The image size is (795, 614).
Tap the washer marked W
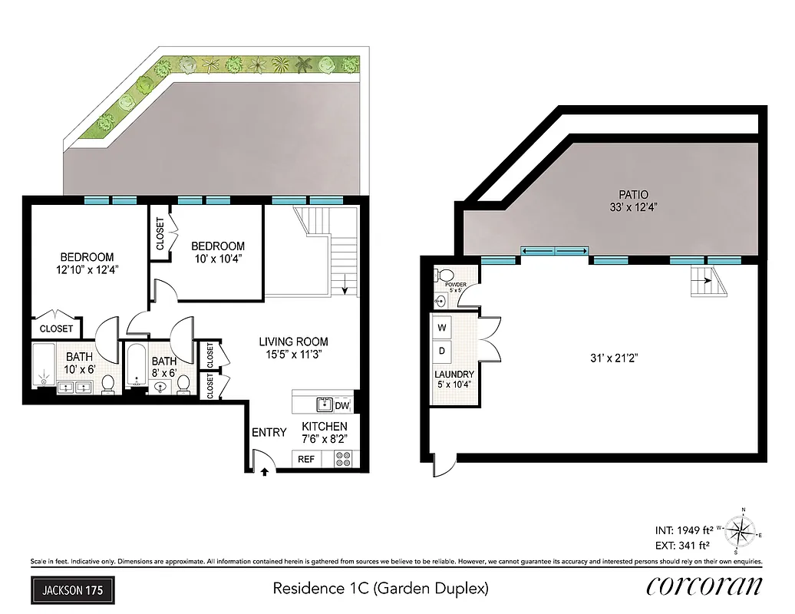(442, 328)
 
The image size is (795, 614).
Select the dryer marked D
(442, 351)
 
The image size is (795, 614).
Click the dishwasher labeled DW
(342, 404)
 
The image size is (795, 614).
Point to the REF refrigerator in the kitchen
(306, 460)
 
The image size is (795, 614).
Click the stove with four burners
(343, 460)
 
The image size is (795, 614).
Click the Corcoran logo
(704, 587)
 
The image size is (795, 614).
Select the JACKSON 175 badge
(73, 590)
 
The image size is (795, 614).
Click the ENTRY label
(269, 432)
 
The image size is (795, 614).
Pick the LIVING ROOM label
(293, 342)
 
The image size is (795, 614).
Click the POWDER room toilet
(445, 276)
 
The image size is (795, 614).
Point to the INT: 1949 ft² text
(684, 530)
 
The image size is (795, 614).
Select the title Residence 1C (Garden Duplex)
(381, 589)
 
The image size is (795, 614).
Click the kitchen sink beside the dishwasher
(322, 404)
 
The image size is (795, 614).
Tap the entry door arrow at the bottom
(264, 472)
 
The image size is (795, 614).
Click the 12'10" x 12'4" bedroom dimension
(87, 269)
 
